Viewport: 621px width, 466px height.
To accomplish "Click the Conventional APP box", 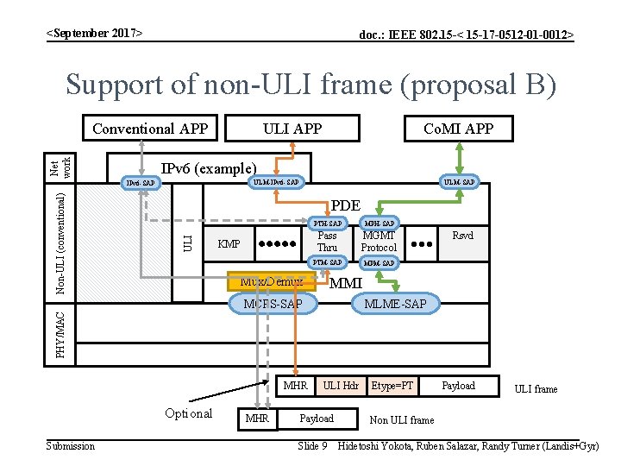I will [x=150, y=129].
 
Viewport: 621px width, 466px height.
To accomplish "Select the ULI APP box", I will [x=292, y=129].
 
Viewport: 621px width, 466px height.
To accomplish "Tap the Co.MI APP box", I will [x=458, y=129].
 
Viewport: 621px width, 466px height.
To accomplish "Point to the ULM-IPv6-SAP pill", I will [x=275, y=182].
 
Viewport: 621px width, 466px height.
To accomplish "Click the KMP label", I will [x=229, y=244].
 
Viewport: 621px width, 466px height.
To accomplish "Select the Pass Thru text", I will [x=327, y=241].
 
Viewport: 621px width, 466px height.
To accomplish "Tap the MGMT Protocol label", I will [x=379, y=241].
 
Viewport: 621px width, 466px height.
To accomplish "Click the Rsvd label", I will [x=463, y=235].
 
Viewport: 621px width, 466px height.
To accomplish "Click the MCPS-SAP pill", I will [x=273, y=304].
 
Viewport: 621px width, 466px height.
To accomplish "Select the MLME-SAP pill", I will [x=394, y=304].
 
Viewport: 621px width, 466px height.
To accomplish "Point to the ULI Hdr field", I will [x=341, y=386].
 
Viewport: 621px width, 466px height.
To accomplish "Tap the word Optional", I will [x=188, y=413].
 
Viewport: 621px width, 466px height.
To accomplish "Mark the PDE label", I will [x=346, y=205].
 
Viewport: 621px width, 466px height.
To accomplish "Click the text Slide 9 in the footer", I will [x=311, y=445].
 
